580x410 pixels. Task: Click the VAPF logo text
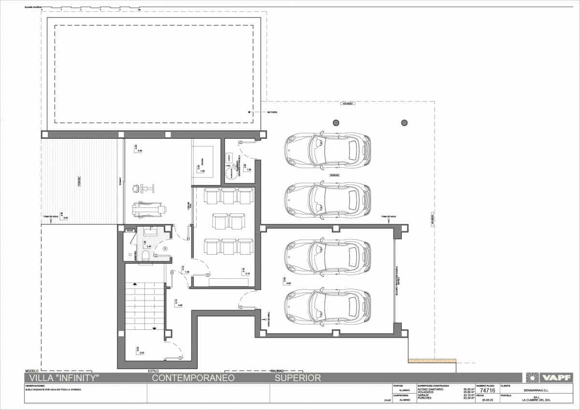point(557,378)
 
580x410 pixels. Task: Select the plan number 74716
point(488,390)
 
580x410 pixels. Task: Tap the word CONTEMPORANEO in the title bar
point(193,378)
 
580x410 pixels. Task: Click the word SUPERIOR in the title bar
point(298,378)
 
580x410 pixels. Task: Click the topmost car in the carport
point(327,150)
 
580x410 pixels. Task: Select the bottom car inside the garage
point(327,307)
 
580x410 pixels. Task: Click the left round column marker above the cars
point(336,122)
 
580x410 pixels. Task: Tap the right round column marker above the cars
point(404,122)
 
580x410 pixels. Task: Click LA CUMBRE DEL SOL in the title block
point(536,400)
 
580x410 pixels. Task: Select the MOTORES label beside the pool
point(272,112)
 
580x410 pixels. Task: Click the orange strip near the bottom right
point(432,361)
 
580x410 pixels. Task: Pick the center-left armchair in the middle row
point(220,221)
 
